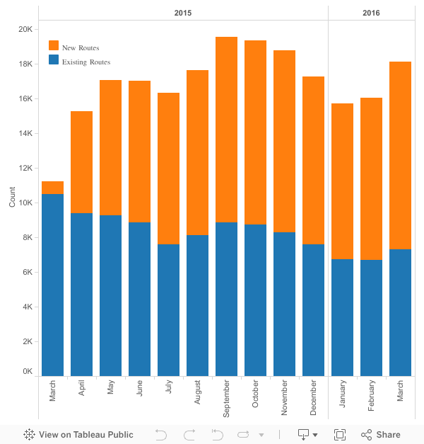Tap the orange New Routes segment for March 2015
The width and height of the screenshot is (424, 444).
(x=52, y=188)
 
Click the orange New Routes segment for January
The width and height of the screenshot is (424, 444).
(x=342, y=181)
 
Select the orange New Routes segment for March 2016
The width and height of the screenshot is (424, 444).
(x=400, y=155)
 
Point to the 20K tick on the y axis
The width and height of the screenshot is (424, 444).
(x=25, y=29)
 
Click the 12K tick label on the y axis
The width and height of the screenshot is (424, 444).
(x=25, y=168)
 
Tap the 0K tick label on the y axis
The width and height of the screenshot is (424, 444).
(x=28, y=370)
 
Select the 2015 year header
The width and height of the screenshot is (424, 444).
(x=182, y=13)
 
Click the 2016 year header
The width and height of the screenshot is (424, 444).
(x=371, y=13)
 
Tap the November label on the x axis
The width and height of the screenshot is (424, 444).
(x=284, y=399)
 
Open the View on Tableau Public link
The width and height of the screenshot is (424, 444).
(x=78, y=435)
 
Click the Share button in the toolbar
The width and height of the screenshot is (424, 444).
(x=381, y=435)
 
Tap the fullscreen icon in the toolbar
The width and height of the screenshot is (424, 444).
(x=340, y=435)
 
